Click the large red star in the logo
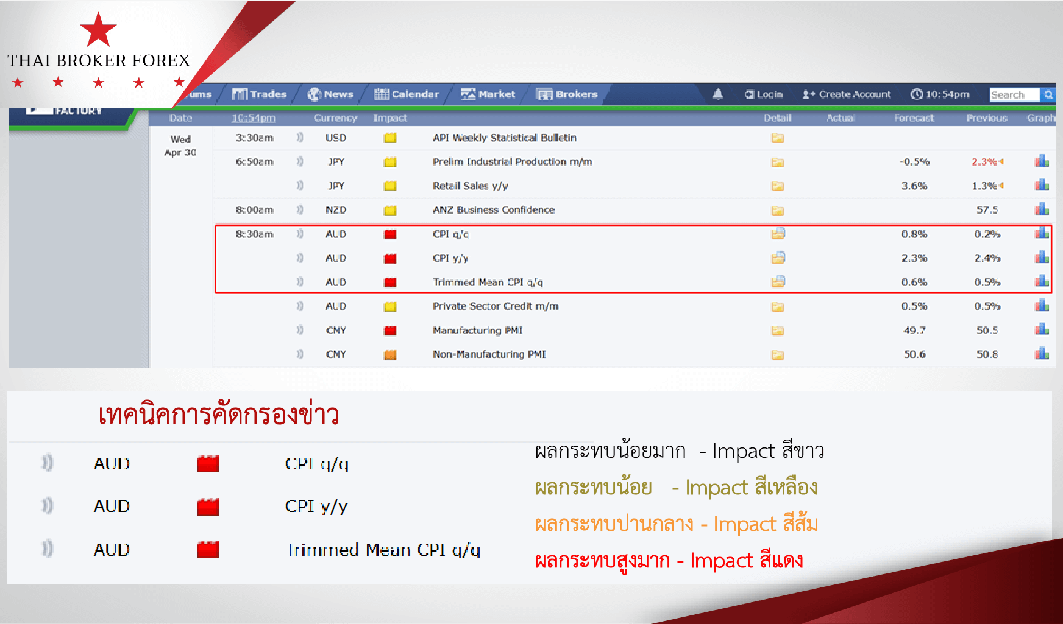pos(98,30)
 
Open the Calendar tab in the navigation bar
pos(407,94)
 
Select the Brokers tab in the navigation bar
pos(567,94)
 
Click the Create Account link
pos(847,94)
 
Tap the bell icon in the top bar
pos(718,94)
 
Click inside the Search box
pos(1014,95)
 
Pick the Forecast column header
pos(914,118)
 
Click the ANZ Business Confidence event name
pos(494,210)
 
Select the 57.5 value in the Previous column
pos(987,210)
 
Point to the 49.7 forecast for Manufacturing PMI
pos(914,331)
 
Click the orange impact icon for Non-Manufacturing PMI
pos(390,355)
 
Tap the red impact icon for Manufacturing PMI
pos(390,331)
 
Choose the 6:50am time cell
pos(255,162)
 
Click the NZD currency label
pos(336,210)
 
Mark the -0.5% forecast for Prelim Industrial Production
pos(914,162)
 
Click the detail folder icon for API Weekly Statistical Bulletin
pos(777,138)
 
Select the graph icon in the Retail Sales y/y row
pos(1042,185)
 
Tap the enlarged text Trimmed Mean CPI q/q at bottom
pos(383,550)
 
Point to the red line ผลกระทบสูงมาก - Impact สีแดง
pos(669,561)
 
